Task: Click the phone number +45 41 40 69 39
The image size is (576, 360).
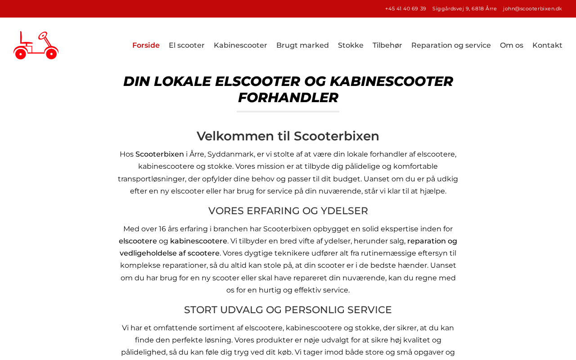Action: coord(405,9)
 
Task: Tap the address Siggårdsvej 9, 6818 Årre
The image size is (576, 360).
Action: coord(464,9)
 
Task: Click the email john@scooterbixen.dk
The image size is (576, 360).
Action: coord(532,9)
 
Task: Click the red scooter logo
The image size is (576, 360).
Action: coord(36,45)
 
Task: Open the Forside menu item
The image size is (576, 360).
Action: coord(146,45)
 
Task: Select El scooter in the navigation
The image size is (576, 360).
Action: coord(186,45)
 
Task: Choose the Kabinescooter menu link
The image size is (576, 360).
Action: coord(240,45)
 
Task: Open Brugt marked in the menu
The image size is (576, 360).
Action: coord(302,45)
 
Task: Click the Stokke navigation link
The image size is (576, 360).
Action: coord(351,45)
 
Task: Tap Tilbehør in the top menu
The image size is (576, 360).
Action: coord(387,45)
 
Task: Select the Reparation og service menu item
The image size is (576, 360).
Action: coord(451,45)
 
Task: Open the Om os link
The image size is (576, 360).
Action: coord(511,45)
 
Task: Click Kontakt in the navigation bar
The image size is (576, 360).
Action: coord(547,45)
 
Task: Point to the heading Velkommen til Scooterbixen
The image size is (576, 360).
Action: coord(288,136)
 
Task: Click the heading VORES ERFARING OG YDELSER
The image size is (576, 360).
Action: coord(288,211)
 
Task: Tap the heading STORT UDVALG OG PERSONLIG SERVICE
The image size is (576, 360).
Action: coord(288,310)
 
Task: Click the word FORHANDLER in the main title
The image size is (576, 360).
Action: coord(288,98)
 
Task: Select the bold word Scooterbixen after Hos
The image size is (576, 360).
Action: coord(160,154)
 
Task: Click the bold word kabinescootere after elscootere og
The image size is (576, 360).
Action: coord(198,241)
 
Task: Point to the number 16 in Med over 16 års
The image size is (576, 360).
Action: coord(162,229)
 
